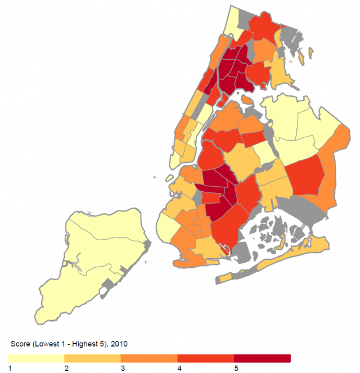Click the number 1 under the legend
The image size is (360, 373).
tap(10, 367)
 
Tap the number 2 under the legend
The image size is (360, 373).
tap(66, 367)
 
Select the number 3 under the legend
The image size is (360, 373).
tap(122, 367)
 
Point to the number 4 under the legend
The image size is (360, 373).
tap(178, 367)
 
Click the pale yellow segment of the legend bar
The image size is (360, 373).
tap(37, 358)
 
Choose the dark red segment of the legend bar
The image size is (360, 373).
tap(262, 358)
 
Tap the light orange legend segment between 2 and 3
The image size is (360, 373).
tap(93, 358)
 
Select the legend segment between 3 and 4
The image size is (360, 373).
tap(149, 358)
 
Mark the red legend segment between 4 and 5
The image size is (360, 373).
tap(206, 358)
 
